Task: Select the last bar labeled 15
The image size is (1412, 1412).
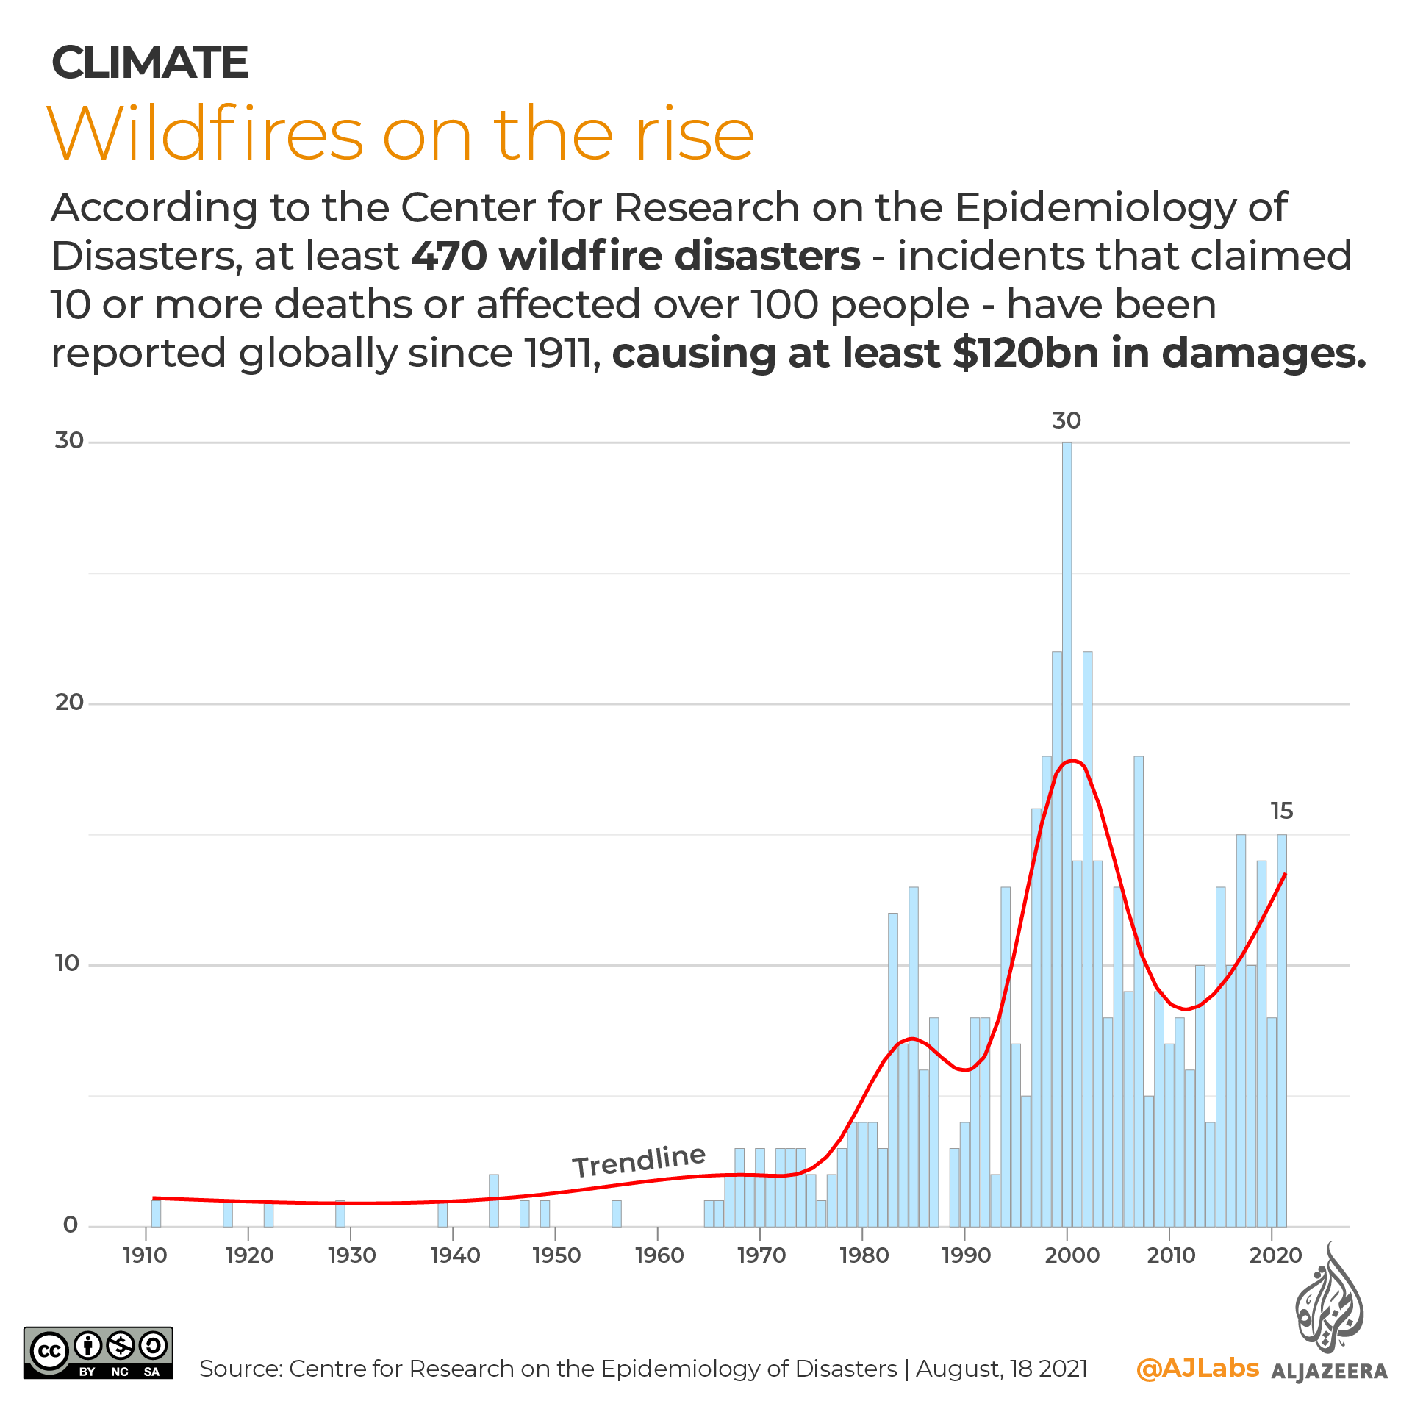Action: pos(1281,1029)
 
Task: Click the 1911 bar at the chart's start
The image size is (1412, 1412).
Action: pos(156,1213)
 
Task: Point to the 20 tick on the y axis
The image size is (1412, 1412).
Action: pos(69,703)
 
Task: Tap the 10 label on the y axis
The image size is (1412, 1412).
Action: pos(67,964)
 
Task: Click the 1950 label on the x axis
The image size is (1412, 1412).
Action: pos(556,1255)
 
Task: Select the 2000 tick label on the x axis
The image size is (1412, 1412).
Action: pos(1072,1255)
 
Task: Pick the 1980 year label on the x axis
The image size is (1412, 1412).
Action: pos(864,1255)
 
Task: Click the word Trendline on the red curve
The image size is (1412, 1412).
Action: pos(639,1161)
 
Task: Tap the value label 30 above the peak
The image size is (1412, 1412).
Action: pos(1066,420)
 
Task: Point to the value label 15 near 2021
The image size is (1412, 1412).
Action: pos(1281,811)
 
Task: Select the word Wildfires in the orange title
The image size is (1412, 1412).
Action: pos(205,134)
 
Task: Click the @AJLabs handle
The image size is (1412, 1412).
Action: pos(1197,1368)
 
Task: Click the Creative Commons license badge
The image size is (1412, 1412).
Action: pos(98,1352)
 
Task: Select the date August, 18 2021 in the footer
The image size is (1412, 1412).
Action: pos(1001,1369)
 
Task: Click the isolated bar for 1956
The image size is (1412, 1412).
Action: pos(617,1214)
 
